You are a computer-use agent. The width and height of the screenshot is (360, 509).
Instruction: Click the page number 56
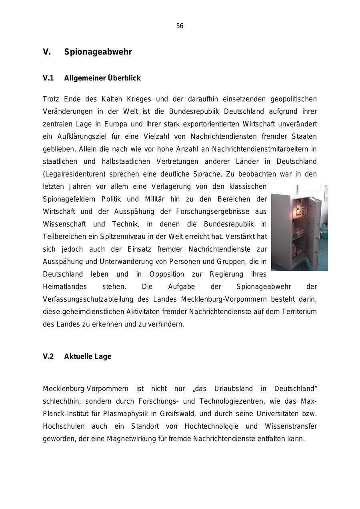(x=180, y=26)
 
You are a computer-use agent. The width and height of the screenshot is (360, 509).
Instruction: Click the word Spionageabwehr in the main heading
(x=98, y=52)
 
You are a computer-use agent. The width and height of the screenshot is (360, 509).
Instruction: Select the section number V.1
(x=48, y=78)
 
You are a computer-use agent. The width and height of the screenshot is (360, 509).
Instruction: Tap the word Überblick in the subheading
(x=124, y=78)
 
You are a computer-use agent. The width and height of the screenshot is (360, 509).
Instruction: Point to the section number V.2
(x=48, y=357)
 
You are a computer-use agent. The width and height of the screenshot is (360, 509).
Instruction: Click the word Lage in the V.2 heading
(x=103, y=357)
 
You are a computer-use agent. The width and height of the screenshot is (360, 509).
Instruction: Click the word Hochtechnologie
(x=211, y=426)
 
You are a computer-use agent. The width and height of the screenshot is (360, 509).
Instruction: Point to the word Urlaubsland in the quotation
(x=234, y=389)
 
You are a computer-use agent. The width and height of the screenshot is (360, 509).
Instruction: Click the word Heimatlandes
(x=65, y=287)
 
